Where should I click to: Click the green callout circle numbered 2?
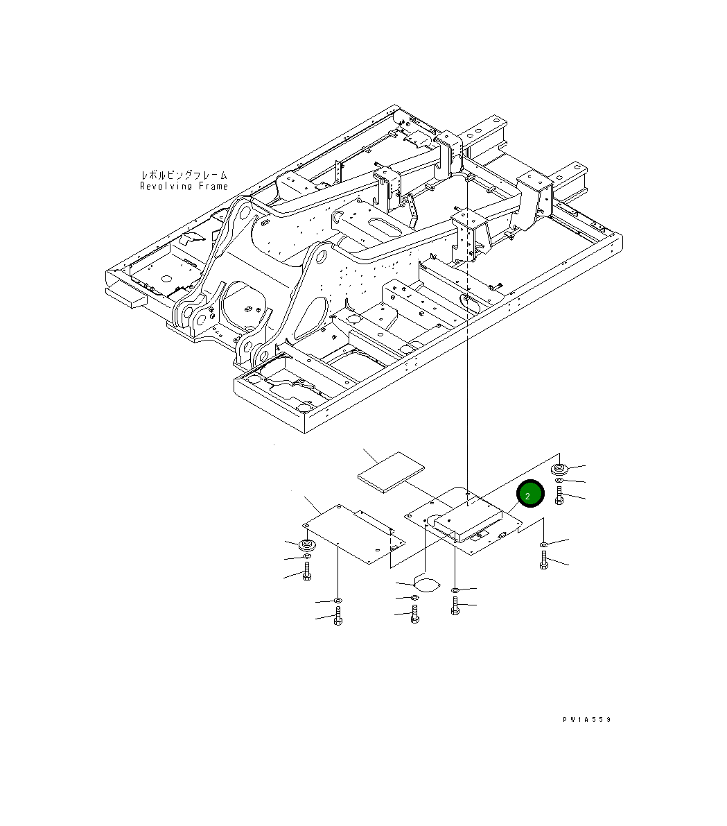point(530,494)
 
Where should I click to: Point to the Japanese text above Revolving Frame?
point(184,175)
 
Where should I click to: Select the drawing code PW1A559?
point(586,719)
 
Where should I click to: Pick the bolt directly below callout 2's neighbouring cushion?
point(559,496)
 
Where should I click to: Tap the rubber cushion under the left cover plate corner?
point(305,544)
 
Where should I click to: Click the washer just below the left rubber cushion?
point(306,556)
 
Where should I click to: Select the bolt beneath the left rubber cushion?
point(306,571)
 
